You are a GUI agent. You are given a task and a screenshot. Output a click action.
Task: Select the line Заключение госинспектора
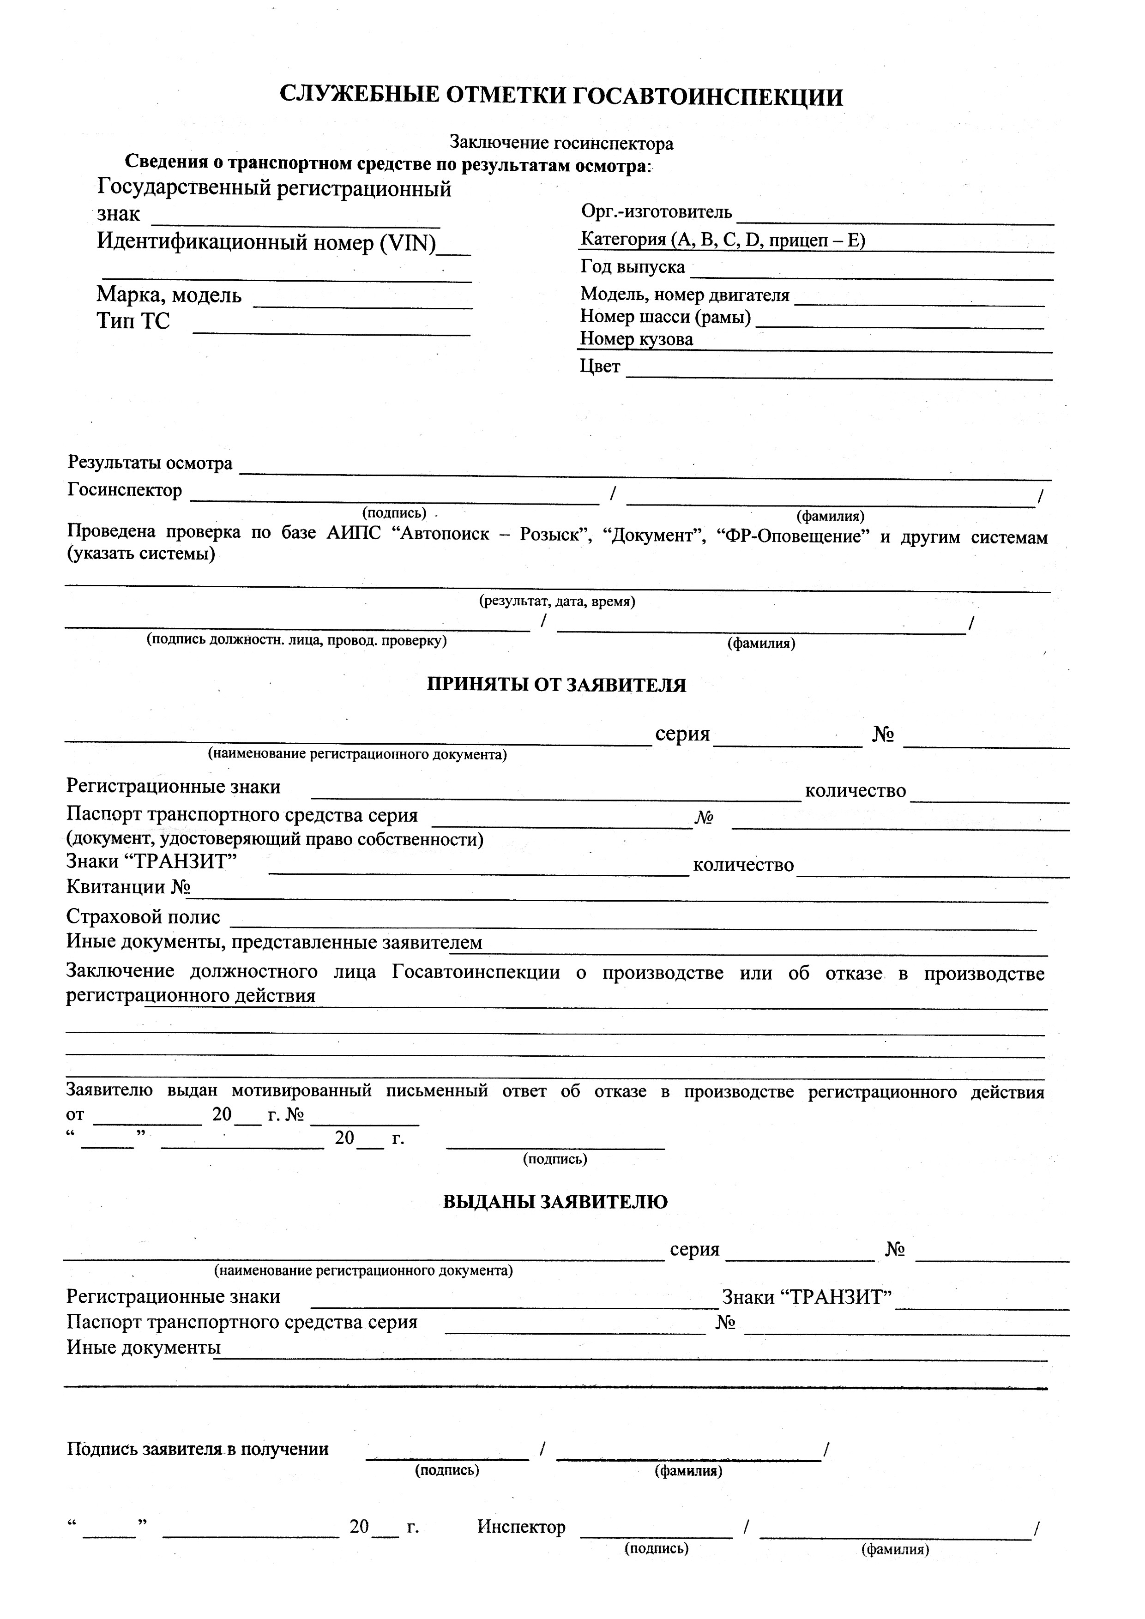pos(561,143)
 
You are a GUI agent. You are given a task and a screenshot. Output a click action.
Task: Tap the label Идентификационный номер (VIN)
pos(266,242)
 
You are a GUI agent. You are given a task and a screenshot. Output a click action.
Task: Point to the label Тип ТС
pos(133,322)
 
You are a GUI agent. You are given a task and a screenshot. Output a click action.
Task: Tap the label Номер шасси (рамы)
pos(666,317)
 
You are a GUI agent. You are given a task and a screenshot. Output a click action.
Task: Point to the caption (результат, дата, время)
pos(557,602)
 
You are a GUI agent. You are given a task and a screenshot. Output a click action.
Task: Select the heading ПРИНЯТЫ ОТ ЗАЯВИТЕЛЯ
pos(556,685)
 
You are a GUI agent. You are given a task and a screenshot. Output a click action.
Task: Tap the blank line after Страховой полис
pos(633,924)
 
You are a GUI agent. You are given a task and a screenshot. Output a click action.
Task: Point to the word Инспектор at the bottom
pos(521,1527)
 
